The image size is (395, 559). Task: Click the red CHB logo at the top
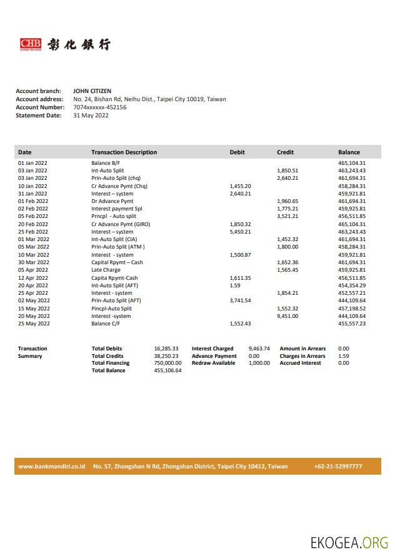click(x=31, y=44)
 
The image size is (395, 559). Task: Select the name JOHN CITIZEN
click(x=92, y=91)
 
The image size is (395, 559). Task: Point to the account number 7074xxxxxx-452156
click(x=100, y=107)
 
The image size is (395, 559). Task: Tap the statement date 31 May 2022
click(x=91, y=116)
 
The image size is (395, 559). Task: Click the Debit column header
click(x=237, y=152)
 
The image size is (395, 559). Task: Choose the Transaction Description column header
click(x=124, y=152)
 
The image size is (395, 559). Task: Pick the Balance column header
click(x=349, y=152)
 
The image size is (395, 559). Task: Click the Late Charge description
click(x=106, y=270)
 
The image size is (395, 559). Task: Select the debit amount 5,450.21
click(x=240, y=232)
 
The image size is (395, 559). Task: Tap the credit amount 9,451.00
click(x=287, y=316)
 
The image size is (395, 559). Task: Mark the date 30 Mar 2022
click(x=34, y=262)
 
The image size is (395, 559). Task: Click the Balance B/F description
click(x=106, y=163)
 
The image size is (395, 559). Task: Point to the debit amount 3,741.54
click(x=240, y=300)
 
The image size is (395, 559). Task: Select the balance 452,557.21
click(x=352, y=293)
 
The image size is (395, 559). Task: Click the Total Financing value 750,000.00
click(x=167, y=363)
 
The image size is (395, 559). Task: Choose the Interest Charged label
click(x=212, y=349)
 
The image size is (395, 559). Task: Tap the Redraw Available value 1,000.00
click(x=259, y=363)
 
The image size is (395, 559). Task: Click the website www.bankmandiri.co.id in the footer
click(x=51, y=467)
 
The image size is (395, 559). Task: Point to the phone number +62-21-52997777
click(x=338, y=467)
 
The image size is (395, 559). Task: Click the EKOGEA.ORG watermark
click(x=349, y=543)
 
